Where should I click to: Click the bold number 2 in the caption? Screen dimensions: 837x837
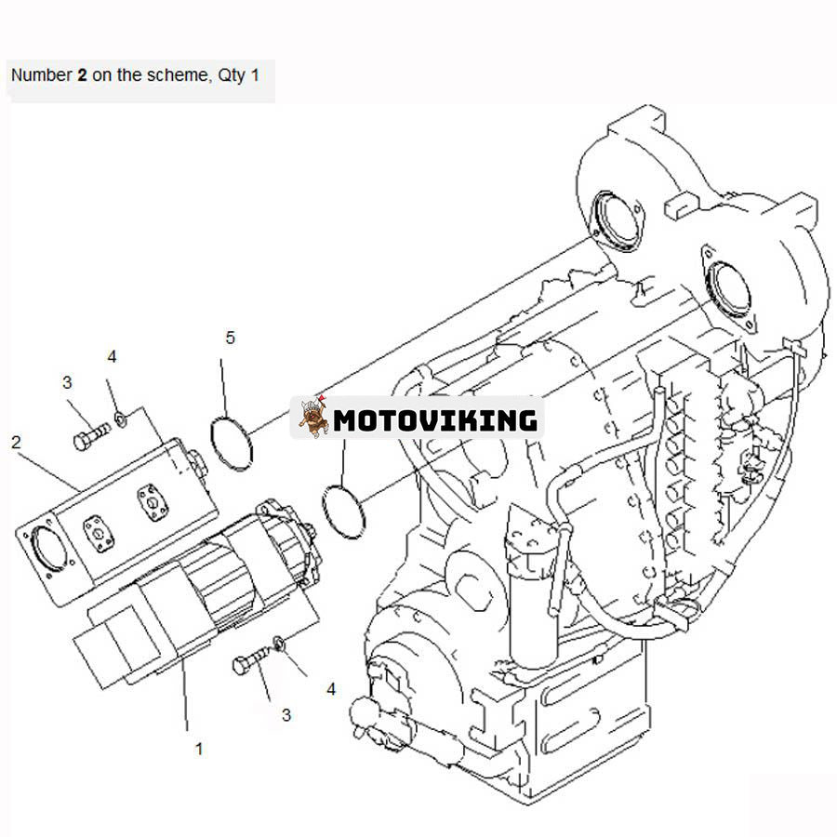pyautogui.click(x=83, y=75)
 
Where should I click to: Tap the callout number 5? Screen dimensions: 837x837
pyautogui.click(x=230, y=338)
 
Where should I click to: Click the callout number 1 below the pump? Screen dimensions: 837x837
pyautogui.click(x=198, y=747)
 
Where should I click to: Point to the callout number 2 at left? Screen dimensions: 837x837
pyautogui.click(x=16, y=442)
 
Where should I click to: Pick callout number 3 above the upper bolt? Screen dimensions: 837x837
pyautogui.click(x=67, y=382)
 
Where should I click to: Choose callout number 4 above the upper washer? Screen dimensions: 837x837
pyautogui.click(x=112, y=356)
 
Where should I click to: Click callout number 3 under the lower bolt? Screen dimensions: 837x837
pyautogui.click(x=286, y=714)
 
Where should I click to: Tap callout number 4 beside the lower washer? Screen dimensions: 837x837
pyautogui.click(x=331, y=689)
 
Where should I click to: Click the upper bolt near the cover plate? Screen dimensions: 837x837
pyautogui.click(x=90, y=436)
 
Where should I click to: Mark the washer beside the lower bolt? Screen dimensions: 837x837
pyautogui.click(x=280, y=643)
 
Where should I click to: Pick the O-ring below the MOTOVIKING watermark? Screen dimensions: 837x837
pyautogui.click(x=343, y=509)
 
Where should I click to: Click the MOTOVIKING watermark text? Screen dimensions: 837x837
pyautogui.click(x=435, y=420)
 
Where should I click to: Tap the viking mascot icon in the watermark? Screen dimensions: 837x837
pyautogui.click(x=314, y=418)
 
